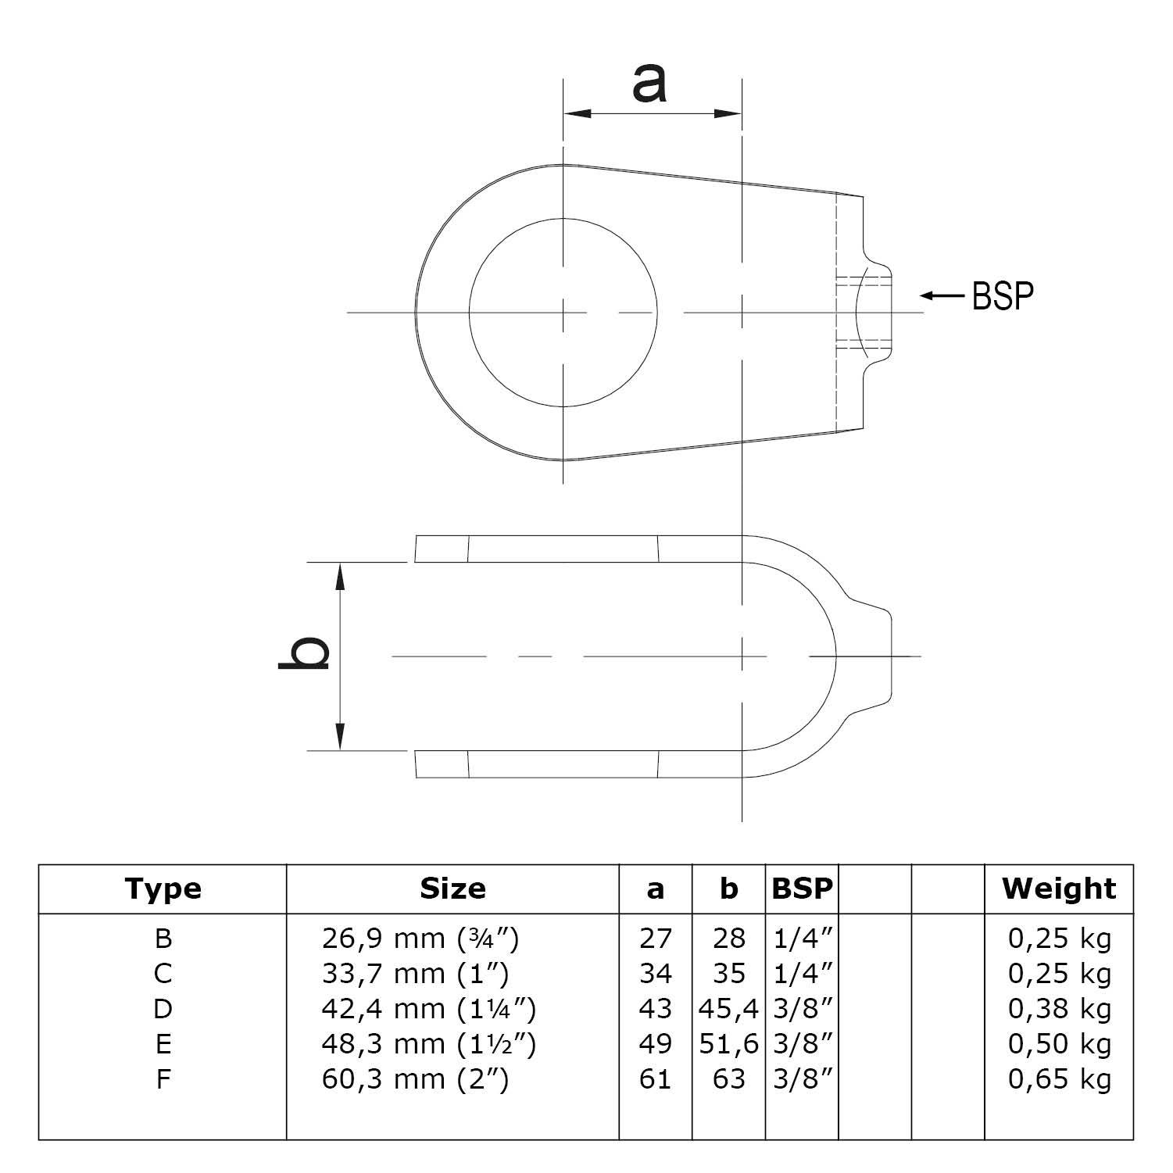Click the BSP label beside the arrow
[x=1003, y=296]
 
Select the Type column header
[x=163, y=889]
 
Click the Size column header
[x=452, y=889]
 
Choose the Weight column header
[x=1059, y=889]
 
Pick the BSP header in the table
[x=802, y=889]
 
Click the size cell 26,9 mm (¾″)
[x=420, y=938]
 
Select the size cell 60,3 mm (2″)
[x=415, y=1079]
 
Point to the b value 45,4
[x=728, y=1009]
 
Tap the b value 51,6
[x=728, y=1044]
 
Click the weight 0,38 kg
[x=1059, y=1009]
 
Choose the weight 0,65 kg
[x=1059, y=1079]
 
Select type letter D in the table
[x=163, y=1009]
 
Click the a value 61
[x=655, y=1079]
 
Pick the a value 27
[x=655, y=938]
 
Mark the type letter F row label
[x=163, y=1079]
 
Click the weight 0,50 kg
[x=1059, y=1044]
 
